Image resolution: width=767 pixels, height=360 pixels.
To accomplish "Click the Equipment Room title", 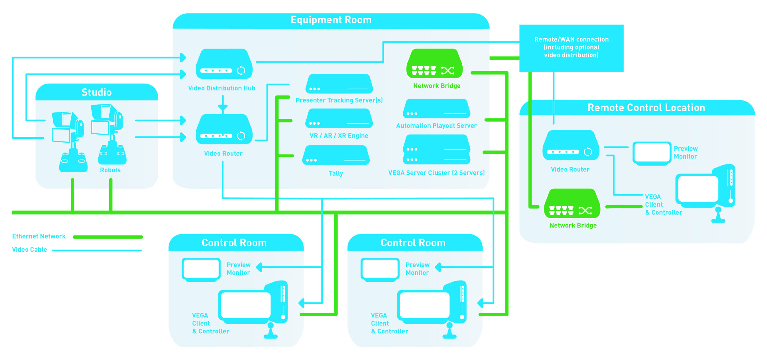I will click(331, 20).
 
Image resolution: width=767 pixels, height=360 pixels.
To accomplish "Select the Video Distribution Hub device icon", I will click(224, 64).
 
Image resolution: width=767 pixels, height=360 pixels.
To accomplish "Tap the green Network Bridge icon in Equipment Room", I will click(434, 64).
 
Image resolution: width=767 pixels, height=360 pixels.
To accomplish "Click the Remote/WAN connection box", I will click(571, 48).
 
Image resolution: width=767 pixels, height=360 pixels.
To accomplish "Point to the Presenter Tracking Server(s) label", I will click(339, 100).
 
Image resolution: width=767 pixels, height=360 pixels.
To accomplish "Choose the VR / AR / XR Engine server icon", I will click(339, 118).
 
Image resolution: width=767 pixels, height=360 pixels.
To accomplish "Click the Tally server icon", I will click(336, 155).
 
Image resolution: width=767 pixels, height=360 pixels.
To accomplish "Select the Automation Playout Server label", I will click(436, 126).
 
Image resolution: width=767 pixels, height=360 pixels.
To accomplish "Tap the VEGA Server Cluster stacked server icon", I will click(437, 150).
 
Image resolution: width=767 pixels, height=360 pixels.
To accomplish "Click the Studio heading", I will click(96, 92).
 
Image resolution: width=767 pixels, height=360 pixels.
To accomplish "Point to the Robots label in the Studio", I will click(110, 170).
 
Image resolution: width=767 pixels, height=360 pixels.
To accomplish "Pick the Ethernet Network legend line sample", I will click(108, 237).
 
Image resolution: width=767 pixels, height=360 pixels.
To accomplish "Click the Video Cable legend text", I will click(29, 250).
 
